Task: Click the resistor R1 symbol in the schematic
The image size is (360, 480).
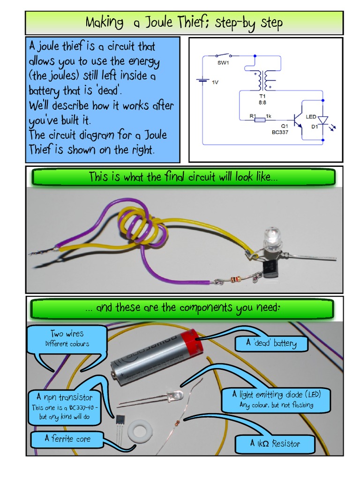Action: pyautogui.click(x=259, y=120)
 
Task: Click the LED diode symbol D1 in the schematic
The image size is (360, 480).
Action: pyautogui.click(x=323, y=120)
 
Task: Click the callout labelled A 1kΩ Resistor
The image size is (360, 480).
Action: pyautogui.click(x=275, y=443)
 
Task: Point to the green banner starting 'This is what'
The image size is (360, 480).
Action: pyautogui.click(x=183, y=177)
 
